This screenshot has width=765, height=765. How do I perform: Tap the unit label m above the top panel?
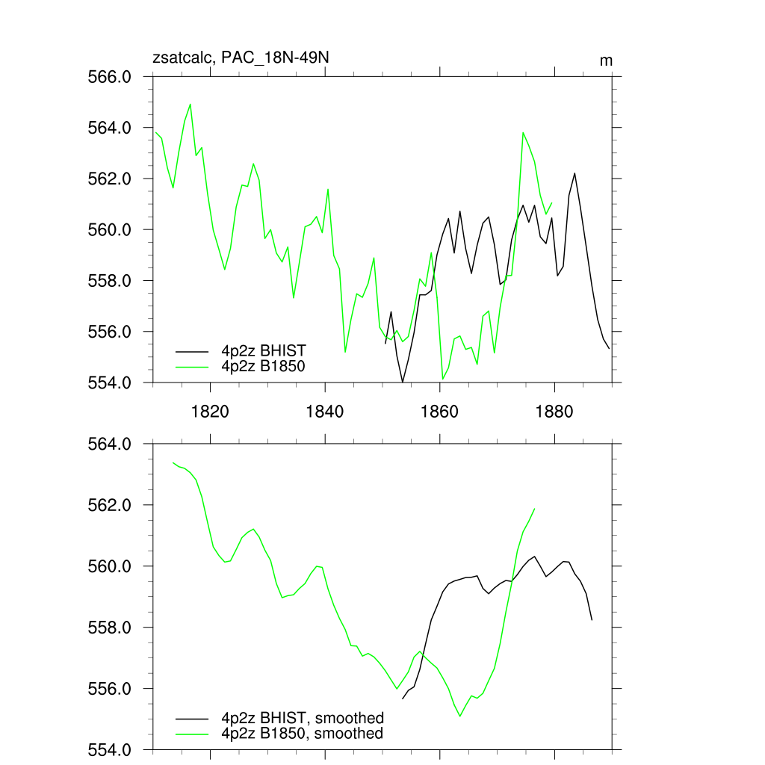(x=606, y=60)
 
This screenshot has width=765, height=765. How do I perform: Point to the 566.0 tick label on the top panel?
(x=111, y=77)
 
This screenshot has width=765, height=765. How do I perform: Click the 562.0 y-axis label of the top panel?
(x=111, y=179)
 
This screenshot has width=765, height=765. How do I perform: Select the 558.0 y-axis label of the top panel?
(x=111, y=281)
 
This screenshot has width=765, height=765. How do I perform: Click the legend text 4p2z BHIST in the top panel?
(x=263, y=350)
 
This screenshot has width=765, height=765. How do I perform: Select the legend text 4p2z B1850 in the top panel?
(x=263, y=366)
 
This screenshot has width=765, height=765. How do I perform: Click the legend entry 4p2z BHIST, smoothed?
(x=302, y=719)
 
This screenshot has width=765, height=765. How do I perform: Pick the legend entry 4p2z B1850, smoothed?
(x=302, y=734)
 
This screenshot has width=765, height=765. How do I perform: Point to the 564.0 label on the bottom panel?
(x=111, y=445)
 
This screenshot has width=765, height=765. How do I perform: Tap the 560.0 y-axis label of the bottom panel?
(x=111, y=566)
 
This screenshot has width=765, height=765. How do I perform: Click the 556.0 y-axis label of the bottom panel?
(x=111, y=688)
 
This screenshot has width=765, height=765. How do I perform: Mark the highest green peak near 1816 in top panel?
(x=191, y=104)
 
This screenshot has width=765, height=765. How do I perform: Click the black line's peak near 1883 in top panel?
(x=574, y=173)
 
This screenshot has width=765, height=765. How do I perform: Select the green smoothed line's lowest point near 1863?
(x=460, y=716)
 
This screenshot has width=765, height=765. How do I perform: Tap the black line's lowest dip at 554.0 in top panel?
(x=403, y=382)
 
